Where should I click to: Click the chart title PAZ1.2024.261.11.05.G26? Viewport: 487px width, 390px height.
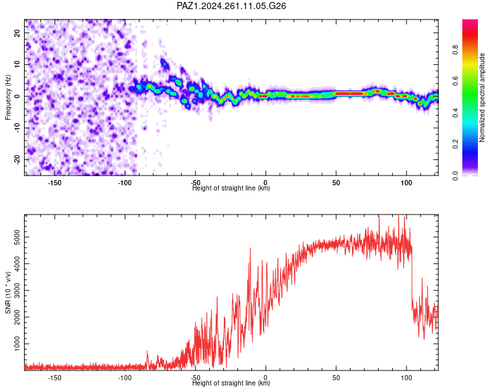pyautogui.click(x=231, y=6)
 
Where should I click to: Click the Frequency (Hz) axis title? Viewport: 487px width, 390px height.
pyautogui.click(x=8, y=97)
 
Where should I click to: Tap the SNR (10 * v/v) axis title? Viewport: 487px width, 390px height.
pyautogui.click(x=8, y=292)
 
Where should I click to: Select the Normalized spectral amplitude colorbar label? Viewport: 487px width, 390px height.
pyautogui.click(x=482, y=97)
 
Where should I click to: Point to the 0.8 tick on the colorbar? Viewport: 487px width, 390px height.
pyautogui.click(x=455, y=50)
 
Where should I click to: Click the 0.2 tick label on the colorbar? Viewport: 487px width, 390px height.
pyautogui.click(x=455, y=144)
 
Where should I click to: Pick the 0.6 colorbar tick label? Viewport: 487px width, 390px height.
pyautogui.click(x=455, y=81)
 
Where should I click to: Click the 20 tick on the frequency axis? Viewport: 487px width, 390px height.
pyautogui.click(x=18, y=32)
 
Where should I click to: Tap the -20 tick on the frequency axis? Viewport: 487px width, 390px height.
pyautogui.click(x=18, y=159)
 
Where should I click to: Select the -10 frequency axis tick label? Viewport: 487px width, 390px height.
pyautogui.click(x=18, y=128)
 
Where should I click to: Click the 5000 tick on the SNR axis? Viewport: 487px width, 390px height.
pyautogui.click(x=18, y=237)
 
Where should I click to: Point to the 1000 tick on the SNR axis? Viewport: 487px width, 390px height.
pyautogui.click(x=18, y=344)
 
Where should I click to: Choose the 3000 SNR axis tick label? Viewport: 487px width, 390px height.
pyautogui.click(x=18, y=291)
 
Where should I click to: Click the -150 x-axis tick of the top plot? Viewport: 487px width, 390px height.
pyautogui.click(x=55, y=183)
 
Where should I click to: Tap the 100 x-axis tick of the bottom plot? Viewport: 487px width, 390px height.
pyautogui.click(x=406, y=378)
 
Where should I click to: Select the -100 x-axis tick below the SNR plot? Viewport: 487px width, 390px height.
pyautogui.click(x=125, y=378)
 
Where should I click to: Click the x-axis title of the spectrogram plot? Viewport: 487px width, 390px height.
pyautogui.click(x=231, y=188)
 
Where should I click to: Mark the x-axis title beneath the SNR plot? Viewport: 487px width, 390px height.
pyautogui.click(x=231, y=383)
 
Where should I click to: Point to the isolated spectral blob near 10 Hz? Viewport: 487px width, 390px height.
pyautogui.click(x=164, y=64)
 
